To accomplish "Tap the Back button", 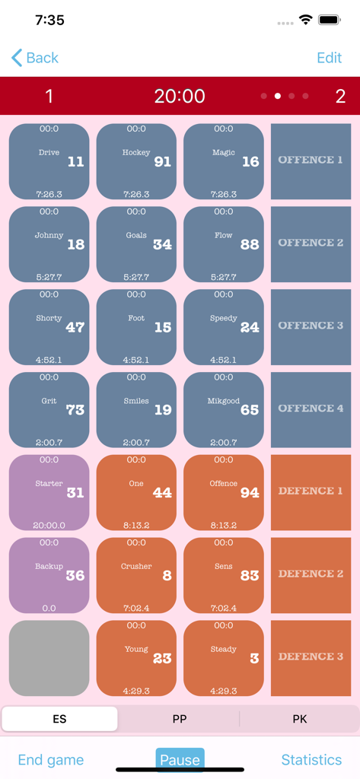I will (x=35, y=58).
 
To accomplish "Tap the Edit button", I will (x=329, y=58).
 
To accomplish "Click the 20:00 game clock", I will (x=180, y=96).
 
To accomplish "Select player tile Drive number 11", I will (x=49, y=161).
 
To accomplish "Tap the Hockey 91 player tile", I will (x=136, y=161).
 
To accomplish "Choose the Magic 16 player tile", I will (x=224, y=161).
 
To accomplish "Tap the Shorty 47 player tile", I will (x=49, y=327).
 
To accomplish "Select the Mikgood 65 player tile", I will (x=224, y=409).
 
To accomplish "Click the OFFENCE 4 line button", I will (x=311, y=409).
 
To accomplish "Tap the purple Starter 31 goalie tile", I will (x=49, y=492).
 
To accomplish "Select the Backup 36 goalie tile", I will (x=49, y=575).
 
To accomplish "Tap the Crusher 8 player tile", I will (x=136, y=575).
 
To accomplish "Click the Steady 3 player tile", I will (x=224, y=658).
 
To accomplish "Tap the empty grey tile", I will (x=49, y=658).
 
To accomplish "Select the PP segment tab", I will (x=180, y=719).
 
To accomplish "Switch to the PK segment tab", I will (x=299, y=719).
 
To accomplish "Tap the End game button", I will (x=51, y=759).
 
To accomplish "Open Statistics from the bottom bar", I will (x=311, y=759).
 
